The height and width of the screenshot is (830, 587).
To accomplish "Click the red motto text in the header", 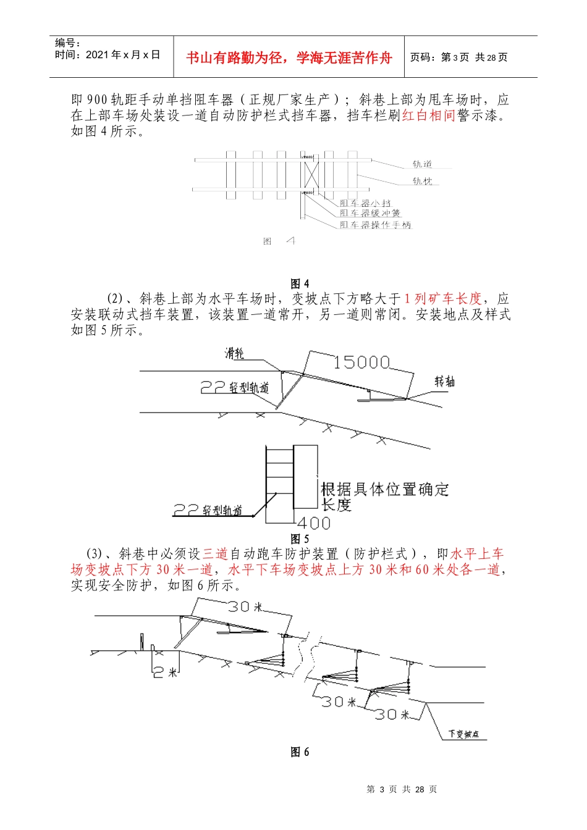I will pos(289,57).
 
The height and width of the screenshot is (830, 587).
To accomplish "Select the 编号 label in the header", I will pos(67,43).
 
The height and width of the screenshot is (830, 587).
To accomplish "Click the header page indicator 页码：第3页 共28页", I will pos(458,57).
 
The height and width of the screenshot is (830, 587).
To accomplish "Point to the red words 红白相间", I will pos(428,115).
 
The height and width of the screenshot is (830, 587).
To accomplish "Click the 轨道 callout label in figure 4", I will pos(422,164).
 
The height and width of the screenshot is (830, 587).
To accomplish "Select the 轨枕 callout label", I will pos(423,181).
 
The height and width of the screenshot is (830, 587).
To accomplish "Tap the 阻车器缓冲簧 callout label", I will pos(370,213).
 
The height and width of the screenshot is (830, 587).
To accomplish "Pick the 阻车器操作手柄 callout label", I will pos(374,225).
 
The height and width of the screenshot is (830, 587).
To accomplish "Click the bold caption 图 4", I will pos(300,283).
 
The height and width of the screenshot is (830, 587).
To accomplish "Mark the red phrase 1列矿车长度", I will pos(442,299).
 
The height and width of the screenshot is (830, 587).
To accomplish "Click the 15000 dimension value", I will pos(361,362).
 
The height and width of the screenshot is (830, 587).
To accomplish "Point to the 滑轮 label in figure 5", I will pos(235,353).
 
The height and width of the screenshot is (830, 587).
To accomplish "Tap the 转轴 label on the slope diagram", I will pos(444,381).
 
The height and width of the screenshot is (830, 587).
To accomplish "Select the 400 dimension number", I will pos(315,523).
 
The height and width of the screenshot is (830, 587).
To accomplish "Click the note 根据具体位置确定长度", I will pos(384,497).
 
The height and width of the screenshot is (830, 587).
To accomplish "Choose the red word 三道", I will pos(216,554).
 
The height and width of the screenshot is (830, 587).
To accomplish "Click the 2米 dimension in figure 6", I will pos(165,672).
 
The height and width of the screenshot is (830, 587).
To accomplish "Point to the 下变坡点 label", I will pos(463,734).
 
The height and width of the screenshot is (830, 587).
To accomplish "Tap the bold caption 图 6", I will pos(300,752).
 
